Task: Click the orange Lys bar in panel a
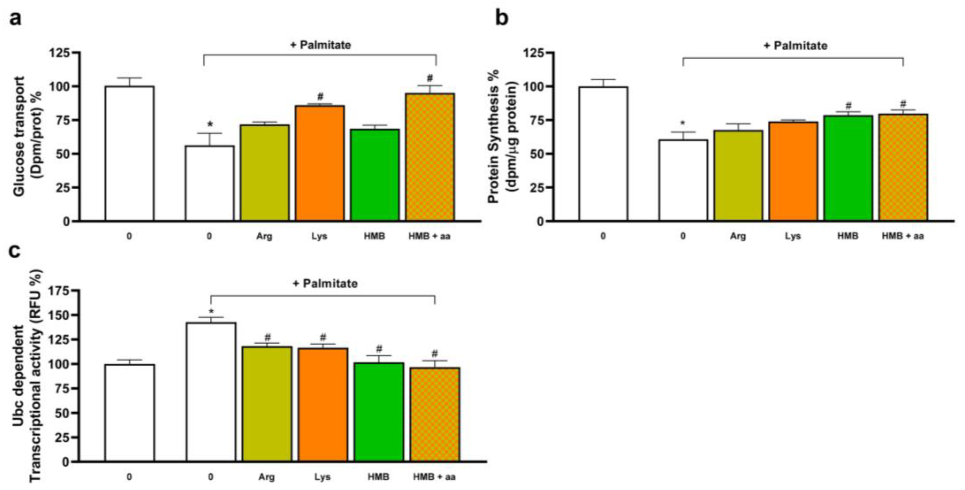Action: pos(320,163)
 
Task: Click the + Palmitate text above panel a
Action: pos(321,45)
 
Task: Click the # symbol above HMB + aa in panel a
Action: pos(430,78)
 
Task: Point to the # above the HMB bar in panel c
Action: pos(379,349)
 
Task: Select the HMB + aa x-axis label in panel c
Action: pos(434,477)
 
